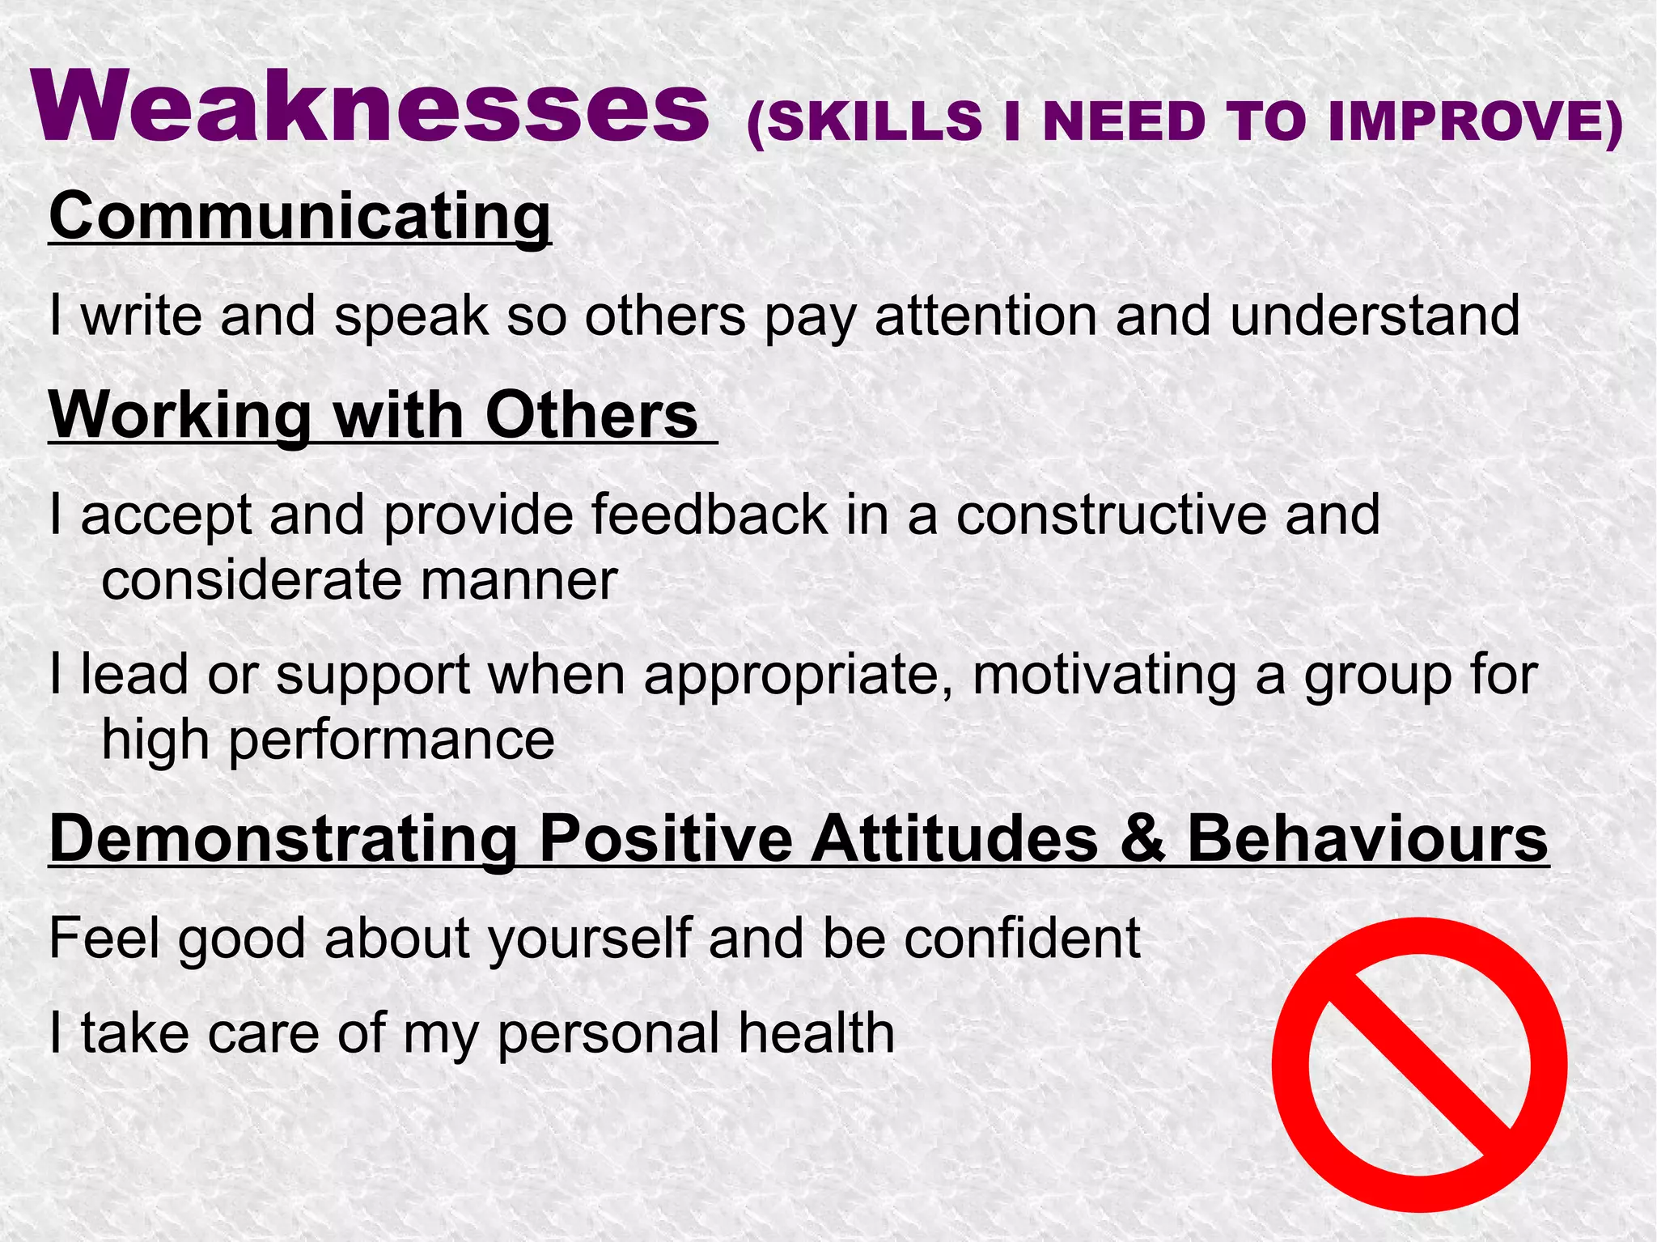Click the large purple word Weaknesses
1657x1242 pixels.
coord(370,108)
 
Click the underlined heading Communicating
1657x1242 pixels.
coord(300,216)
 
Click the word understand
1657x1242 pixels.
coord(1375,316)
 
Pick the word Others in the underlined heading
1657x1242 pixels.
coord(591,415)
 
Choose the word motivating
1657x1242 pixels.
coord(1104,674)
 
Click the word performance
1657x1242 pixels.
coord(392,740)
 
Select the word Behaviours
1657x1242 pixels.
coord(1367,839)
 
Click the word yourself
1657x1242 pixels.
coord(590,939)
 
